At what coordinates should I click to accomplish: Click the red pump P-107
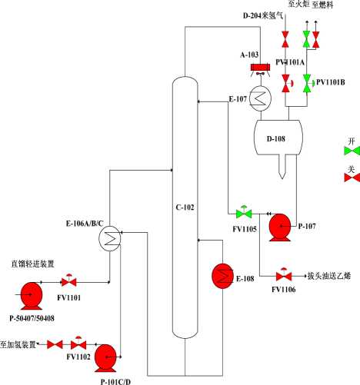280,227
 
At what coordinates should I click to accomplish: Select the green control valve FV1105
244,212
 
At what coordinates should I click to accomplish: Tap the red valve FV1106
284,275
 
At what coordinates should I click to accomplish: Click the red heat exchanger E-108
222,276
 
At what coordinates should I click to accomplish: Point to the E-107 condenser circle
261,98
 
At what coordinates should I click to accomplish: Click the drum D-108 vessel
278,138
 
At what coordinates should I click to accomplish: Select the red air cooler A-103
260,68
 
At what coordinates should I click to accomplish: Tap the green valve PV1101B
308,83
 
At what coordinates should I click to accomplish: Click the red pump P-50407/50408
32,296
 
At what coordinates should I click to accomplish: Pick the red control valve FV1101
68,281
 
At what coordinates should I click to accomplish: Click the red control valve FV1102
78,344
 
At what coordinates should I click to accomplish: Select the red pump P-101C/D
105,358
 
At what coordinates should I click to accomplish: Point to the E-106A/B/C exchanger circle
110,239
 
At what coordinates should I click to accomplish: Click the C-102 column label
185,207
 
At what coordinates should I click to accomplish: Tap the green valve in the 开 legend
352,151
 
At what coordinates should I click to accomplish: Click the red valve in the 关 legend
352,178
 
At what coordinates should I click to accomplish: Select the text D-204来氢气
263,15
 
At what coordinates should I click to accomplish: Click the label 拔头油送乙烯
329,276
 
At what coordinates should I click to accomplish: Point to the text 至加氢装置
18,344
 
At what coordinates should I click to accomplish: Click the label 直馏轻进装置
32,264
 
